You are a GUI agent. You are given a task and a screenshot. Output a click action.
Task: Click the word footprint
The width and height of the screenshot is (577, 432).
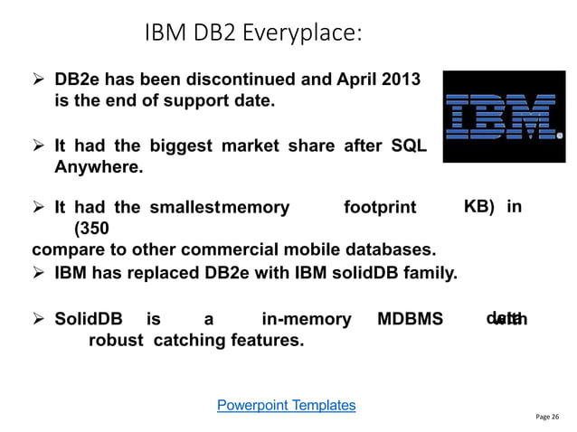pyautogui.click(x=380, y=208)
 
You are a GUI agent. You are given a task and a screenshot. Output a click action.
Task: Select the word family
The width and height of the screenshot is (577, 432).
pyautogui.click(x=432, y=269)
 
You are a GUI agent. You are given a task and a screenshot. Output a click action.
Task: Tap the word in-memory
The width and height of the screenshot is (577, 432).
pyautogui.click(x=306, y=319)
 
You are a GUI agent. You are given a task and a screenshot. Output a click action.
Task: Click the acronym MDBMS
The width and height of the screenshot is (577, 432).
pyautogui.click(x=410, y=319)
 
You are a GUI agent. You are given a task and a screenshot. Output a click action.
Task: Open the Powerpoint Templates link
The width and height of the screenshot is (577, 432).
pyautogui.click(x=286, y=405)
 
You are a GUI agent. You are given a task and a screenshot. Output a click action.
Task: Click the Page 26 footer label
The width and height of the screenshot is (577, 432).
pyautogui.click(x=547, y=417)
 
